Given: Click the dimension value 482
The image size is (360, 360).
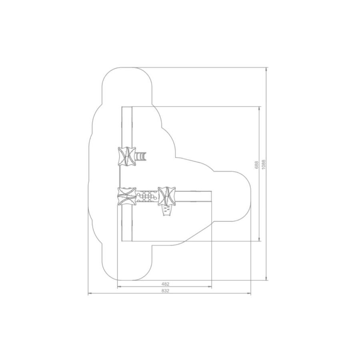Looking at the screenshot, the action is pos(165,284).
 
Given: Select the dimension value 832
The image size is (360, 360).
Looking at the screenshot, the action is pos(165,291).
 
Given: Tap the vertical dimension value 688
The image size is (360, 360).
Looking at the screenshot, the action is pos(257,165).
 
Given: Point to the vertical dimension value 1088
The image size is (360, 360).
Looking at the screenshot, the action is pos(263,165).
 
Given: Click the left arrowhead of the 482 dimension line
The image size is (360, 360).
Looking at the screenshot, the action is pos(119,287).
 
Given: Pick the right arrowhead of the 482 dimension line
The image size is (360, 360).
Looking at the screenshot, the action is pos(210,287).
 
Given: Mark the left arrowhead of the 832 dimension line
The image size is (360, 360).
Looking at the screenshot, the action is pos(90,294).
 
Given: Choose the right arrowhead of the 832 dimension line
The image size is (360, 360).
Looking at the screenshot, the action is pos(249,294).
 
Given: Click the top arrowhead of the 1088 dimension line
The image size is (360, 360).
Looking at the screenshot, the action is pos(266,69).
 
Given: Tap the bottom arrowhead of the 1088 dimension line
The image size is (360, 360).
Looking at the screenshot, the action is pos(266,278).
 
